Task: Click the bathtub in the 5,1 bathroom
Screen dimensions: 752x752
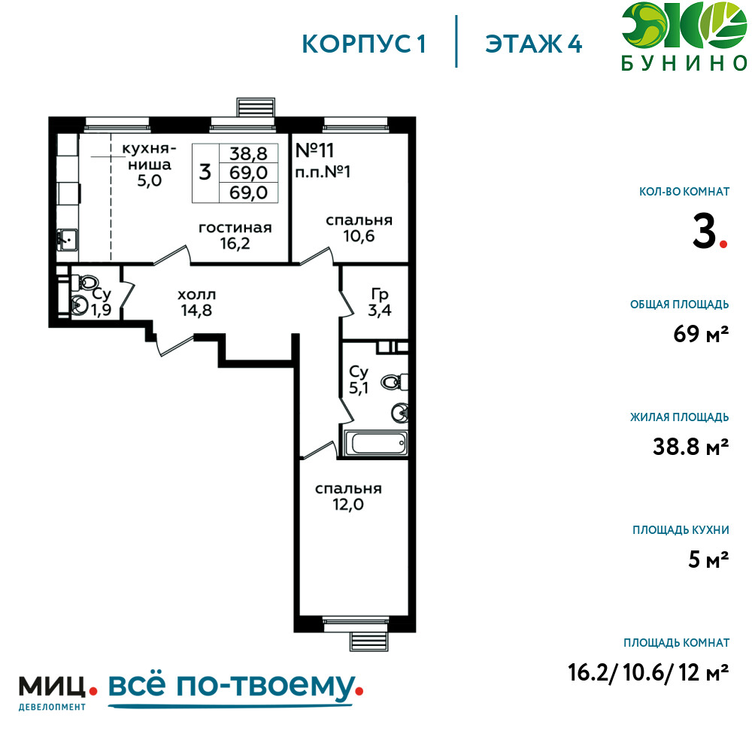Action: [x=375, y=443]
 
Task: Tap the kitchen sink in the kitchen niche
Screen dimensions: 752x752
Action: [x=67, y=239]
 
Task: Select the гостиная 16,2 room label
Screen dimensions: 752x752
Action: [x=235, y=235]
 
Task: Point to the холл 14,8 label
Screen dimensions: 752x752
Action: [x=196, y=302]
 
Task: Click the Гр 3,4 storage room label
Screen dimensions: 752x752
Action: [x=379, y=302]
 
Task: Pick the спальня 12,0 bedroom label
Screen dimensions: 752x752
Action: [x=348, y=496]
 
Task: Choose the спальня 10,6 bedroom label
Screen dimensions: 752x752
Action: [x=359, y=228]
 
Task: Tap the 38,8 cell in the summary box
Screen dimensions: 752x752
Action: [x=248, y=153]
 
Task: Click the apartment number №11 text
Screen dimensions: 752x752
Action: [x=314, y=150]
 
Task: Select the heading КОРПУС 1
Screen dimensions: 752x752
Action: [x=364, y=44]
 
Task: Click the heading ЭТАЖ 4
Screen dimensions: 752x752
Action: [x=534, y=44]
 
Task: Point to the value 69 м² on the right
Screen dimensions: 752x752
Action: [x=701, y=334]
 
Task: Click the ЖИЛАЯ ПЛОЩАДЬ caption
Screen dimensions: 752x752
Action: [x=680, y=417]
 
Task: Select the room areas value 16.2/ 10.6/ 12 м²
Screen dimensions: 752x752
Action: [x=648, y=672]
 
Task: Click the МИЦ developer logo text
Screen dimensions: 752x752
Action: [x=53, y=687]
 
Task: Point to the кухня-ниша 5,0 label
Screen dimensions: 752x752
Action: [x=149, y=165]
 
